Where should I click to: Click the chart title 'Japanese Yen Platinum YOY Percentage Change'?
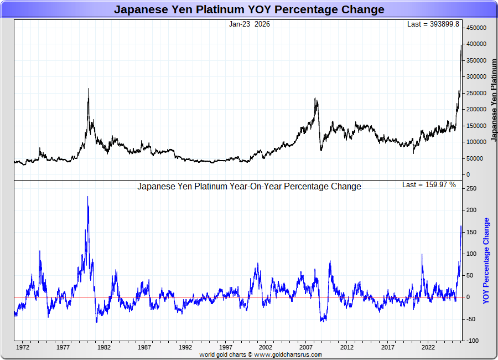pyautogui.click(x=249, y=9)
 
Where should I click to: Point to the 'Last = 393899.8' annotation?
pyautogui.click(x=433, y=24)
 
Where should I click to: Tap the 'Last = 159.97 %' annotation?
pyautogui.click(x=429, y=184)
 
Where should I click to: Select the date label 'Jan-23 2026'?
pyautogui.click(x=250, y=24)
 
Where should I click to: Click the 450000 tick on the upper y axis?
pyautogui.click(x=476, y=28)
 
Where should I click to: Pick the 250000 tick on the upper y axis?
pyautogui.click(x=476, y=93)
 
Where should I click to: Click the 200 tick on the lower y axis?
pyautogui.click(x=470, y=210)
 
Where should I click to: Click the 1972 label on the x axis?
pyautogui.click(x=23, y=348)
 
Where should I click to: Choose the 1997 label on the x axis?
pyautogui.click(x=225, y=348)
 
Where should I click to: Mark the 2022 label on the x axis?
pyautogui.click(x=428, y=348)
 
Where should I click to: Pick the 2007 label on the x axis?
pyautogui.click(x=307, y=348)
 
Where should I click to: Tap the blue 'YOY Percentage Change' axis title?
pyautogui.click(x=486, y=260)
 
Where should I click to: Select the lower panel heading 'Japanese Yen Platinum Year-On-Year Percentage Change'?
pyautogui.click(x=249, y=187)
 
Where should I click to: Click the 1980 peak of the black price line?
pyautogui.click(x=89, y=89)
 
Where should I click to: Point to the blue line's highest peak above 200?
pyautogui.click(x=87, y=197)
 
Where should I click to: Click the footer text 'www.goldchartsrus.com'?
pyautogui.click(x=288, y=354)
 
